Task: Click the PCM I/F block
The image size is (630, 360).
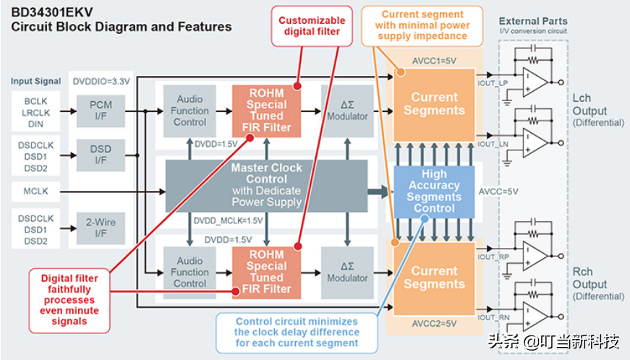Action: [x=101, y=111]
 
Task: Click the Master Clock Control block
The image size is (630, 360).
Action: [x=266, y=185]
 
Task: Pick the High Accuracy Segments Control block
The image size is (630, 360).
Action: [x=434, y=192]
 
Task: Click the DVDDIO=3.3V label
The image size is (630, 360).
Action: [x=101, y=82]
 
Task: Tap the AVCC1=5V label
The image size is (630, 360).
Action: [x=433, y=61]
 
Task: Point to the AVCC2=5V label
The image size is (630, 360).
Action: [x=433, y=323]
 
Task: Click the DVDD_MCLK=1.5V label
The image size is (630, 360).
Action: [x=229, y=220]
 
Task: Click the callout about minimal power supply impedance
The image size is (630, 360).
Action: [x=422, y=25]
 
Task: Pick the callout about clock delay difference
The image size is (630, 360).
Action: [x=297, y=333]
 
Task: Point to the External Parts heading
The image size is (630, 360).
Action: [x=533, y=21]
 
